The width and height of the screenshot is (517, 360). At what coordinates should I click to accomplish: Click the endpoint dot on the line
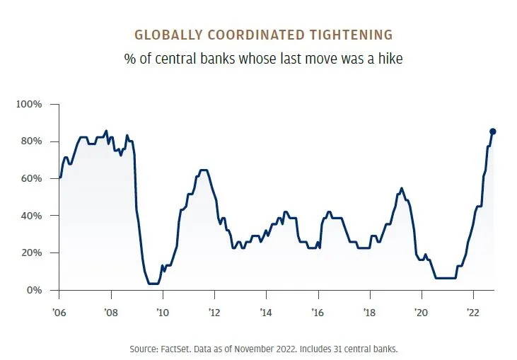493,131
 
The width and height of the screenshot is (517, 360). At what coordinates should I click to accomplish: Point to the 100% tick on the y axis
30,105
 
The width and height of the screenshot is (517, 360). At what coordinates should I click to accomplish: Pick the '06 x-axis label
59,312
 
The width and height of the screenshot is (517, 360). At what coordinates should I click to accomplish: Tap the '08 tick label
110,312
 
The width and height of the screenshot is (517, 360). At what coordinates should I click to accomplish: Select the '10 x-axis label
162,312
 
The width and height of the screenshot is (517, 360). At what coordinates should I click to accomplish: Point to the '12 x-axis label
214,312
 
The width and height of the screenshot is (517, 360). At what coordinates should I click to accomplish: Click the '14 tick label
265,312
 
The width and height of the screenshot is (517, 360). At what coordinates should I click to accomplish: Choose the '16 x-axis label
317,312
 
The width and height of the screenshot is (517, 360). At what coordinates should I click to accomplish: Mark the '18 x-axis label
368,312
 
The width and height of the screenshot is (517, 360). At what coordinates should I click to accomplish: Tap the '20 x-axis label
421,312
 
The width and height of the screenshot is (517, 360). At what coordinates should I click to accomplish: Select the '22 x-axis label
472,312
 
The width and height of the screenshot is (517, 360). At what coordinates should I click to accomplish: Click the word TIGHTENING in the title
350,35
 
